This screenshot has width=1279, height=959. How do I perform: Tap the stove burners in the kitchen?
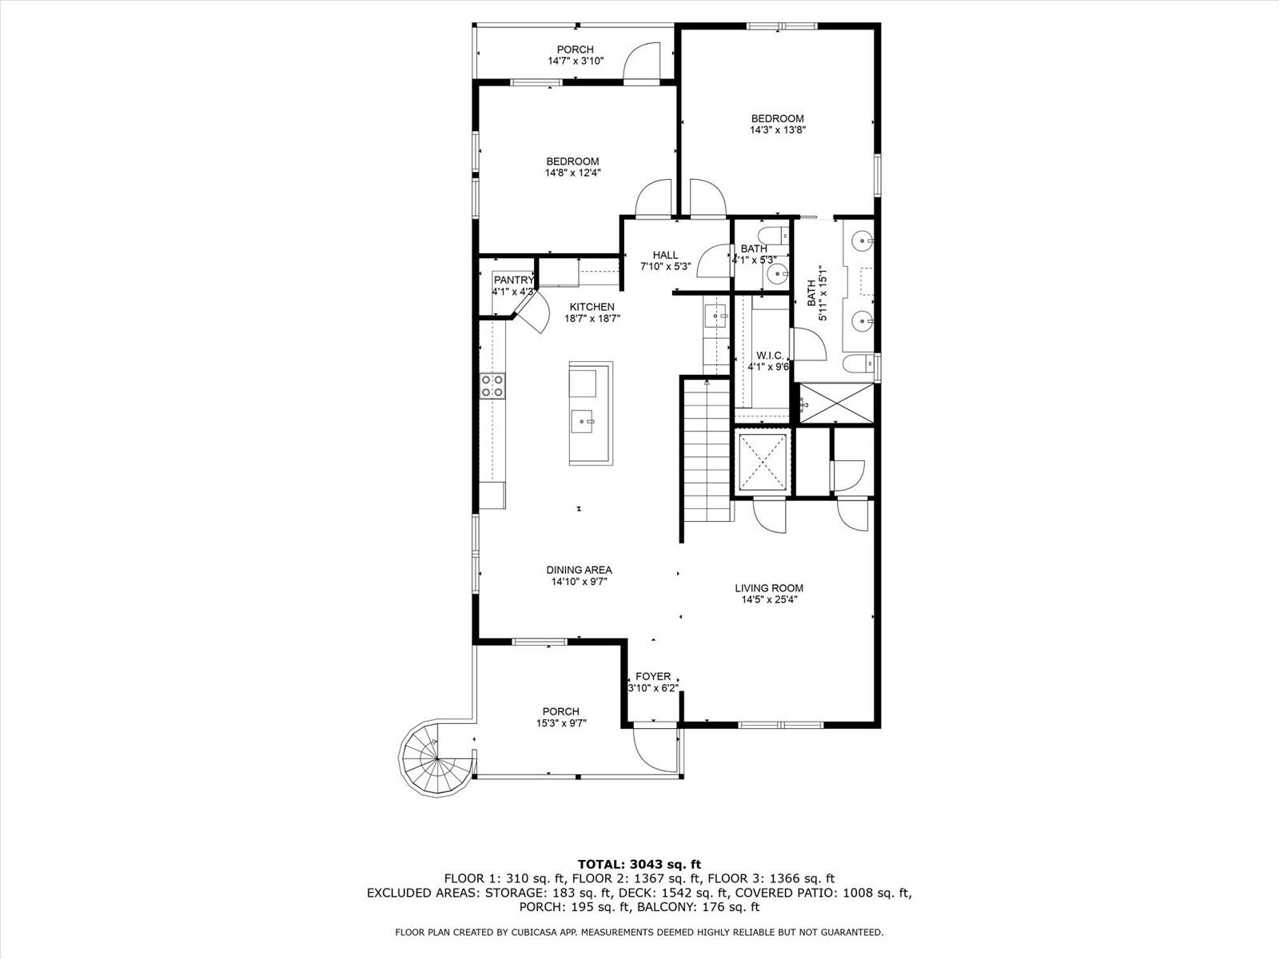point(492,386)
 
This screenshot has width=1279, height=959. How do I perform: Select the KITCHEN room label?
point(592,307)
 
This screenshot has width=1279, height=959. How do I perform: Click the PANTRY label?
point(513,280)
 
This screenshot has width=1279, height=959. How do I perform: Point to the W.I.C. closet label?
point(770,355)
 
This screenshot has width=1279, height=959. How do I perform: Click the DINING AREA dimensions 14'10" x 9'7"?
point(579,582)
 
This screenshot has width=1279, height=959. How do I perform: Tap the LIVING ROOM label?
point(769,588)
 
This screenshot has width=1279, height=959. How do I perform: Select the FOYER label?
point(653,676)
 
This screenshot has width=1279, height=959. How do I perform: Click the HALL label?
point(665,255)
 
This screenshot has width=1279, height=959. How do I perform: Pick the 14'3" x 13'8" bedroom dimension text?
point(777,129)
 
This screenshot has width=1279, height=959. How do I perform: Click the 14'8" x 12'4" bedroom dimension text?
point(572,173)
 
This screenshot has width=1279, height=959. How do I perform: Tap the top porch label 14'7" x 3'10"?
point(575,61)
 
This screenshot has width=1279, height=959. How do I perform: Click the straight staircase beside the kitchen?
point(707,452)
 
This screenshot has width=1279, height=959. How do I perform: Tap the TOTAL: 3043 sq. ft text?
point(639,864)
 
